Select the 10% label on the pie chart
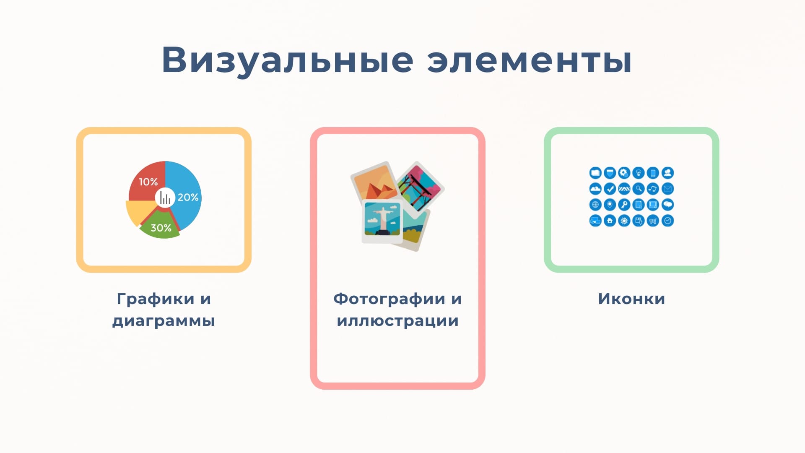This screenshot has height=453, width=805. click(148, 182)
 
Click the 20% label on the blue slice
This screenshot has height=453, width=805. click(188, 197)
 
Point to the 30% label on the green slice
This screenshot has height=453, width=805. click(161, 228)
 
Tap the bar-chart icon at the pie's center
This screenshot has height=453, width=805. click(165, 198)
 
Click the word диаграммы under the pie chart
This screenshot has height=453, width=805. click(164, 321)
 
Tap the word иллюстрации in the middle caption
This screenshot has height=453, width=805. click(397, 321)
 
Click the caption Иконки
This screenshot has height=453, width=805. click(631, 299)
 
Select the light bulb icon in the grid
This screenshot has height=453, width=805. click(639, 173)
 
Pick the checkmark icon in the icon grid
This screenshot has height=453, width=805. click(610, 189)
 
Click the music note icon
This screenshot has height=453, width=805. click(653, 189)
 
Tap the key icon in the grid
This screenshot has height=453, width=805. click(624, 205)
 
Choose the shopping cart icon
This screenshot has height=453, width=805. click(653, 221)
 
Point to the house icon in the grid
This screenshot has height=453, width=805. click(610, 221)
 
